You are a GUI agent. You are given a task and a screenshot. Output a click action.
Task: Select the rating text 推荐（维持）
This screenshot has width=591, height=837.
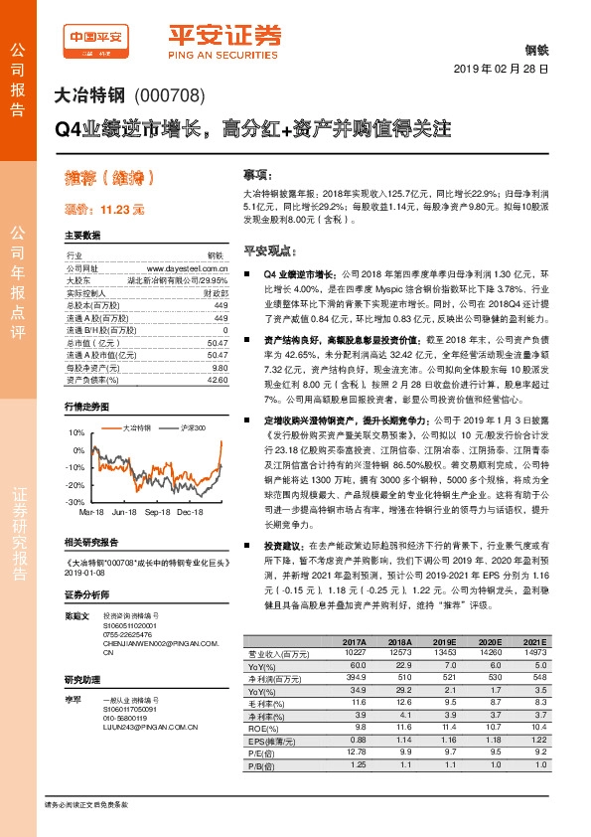(109, 179)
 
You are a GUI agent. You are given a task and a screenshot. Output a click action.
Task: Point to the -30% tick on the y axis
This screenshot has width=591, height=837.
(74, 503)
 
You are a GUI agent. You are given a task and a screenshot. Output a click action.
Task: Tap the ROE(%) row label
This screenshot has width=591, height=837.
(262, 730)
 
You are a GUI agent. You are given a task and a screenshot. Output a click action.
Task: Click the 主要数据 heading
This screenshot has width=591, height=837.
(81, 236)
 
